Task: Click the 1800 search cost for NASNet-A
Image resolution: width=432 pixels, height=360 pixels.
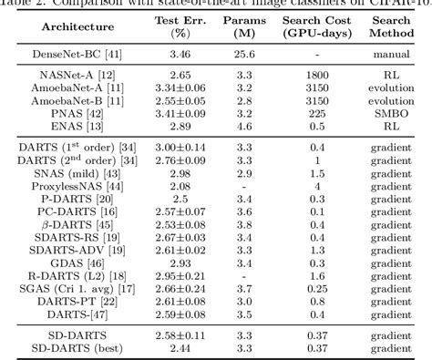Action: point(324,82)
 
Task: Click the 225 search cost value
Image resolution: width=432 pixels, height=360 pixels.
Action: point(324,117)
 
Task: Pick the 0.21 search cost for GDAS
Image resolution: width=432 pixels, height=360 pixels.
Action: point(324,262)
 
